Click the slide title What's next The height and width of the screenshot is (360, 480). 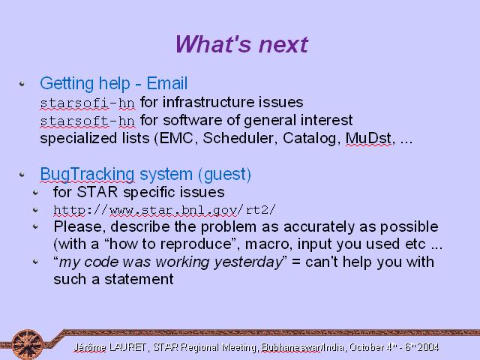pos(241,44)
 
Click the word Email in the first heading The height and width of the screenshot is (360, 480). pos(166,83)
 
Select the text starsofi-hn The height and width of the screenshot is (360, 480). pos(88,103)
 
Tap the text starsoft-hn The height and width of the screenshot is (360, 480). pos(88,121)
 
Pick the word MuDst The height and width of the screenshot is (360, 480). pos(368,138)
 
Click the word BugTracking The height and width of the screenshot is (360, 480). pos(87,174)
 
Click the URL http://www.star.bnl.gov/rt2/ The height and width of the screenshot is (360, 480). pos(164,210)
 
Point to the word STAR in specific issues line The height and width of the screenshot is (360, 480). pos(97,192)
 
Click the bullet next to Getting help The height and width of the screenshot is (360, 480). pos(22,83)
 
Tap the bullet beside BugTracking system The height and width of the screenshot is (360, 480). pos(22,175)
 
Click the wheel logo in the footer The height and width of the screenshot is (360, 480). pos(28,344)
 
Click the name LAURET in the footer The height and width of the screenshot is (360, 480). pos(127,347)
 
